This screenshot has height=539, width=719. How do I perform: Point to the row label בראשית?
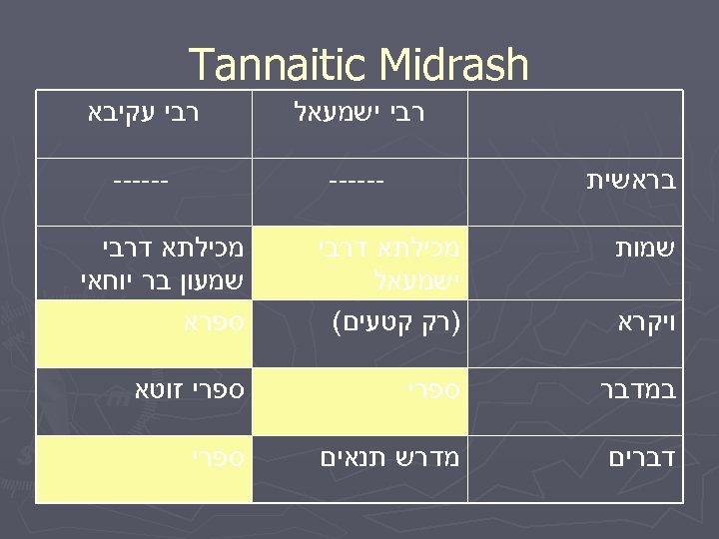(x=629, y=181)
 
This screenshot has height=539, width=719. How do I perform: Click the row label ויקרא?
(x=639, y=323)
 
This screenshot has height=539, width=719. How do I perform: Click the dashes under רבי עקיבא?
(x=140, y=182)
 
